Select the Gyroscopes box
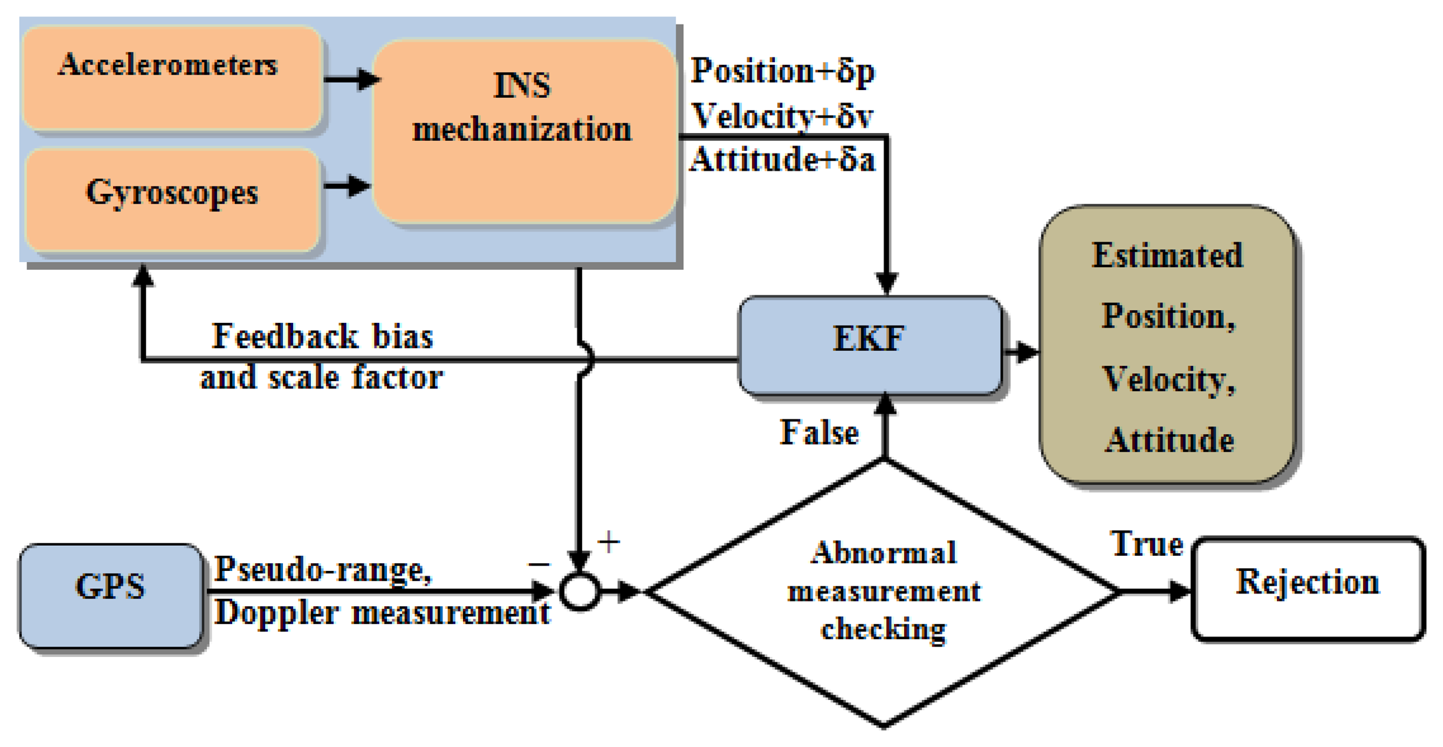point(172,198)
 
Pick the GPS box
point(110,594)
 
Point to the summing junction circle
point(580,591)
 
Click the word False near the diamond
point(819,433)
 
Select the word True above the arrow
point(1147,545)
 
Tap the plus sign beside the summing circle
point(608,543)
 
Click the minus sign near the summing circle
point(538,564)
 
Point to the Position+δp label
point(782,71)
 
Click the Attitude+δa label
point(782,160)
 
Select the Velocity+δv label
point(782,116)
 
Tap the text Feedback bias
point(322,336)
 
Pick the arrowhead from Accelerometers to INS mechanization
point(368,79)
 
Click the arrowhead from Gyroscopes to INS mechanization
point(359,186)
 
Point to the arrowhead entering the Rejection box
point(1178,591)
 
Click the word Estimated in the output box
point(1167,255)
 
